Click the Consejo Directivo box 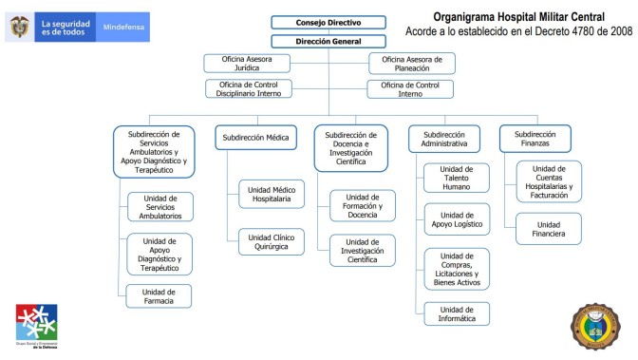(328, 22)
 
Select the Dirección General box (328, 41)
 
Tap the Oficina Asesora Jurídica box (247, 64)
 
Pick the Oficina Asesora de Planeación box (412, 64)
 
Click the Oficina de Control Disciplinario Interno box (249, 88)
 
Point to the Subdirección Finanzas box (534, 139)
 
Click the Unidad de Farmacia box (159, 296)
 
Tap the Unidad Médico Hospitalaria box (272, 194)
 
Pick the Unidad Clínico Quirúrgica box (272, 241)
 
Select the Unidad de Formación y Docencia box (363, 206)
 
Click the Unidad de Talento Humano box (457, 178)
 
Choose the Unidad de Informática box (457, 313)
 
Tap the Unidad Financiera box (550, 228)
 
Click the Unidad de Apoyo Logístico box (457, 220)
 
